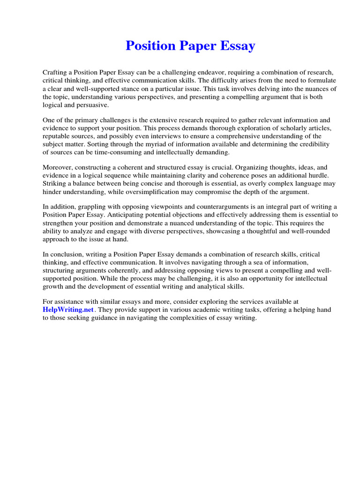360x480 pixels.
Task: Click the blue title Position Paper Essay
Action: tap(190, 46)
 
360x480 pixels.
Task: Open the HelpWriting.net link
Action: tap(62, 310)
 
